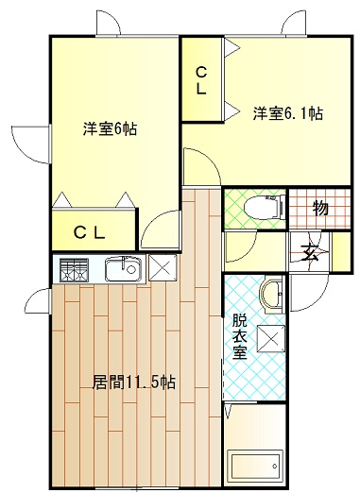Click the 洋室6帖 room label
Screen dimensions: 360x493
pos(110,128)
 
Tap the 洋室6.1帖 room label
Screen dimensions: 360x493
pos(288,113)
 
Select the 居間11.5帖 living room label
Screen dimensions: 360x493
pos(133,382)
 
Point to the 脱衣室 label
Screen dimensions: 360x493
pos(240,337)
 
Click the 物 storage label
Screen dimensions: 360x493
pos(320,208)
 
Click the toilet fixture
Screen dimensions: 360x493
pos(265,207)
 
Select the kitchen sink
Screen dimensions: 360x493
pos(123,269)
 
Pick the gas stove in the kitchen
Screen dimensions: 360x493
pos(74,270)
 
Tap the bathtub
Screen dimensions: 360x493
pos(255,466)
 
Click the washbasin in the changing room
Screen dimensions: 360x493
pos(272,294)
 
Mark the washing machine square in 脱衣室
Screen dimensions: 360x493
pos(271,339)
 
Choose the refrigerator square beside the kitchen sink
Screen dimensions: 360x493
pos(163,268)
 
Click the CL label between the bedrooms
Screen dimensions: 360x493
pos(201,81)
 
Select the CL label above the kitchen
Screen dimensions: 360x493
pos(89,233)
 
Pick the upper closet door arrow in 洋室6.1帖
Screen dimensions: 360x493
pos(232,48)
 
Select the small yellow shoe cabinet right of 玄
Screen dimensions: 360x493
pos(341,251)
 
